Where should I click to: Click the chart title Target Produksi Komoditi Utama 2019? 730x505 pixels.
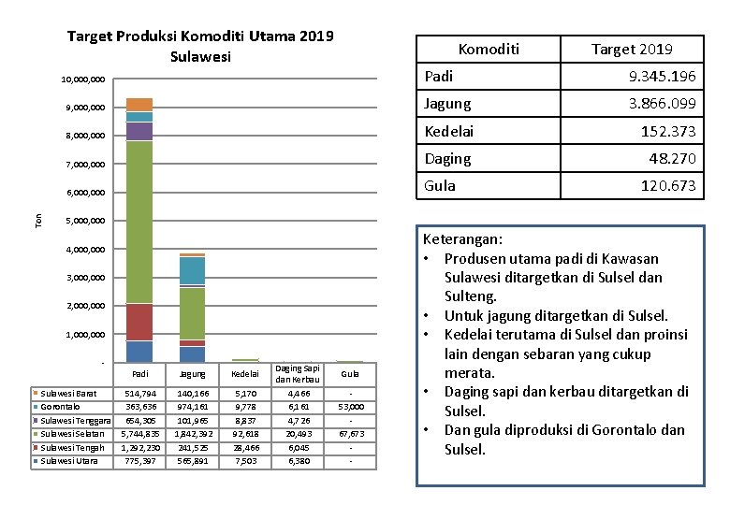(200, 37)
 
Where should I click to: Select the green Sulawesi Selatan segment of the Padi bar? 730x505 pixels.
(139, 223)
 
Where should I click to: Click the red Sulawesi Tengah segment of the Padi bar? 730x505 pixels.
(139, 323)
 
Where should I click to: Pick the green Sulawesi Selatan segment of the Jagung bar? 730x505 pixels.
(192, 313)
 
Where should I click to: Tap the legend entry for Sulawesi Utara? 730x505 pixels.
(68, 460)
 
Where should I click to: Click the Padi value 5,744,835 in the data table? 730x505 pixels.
(139, 434)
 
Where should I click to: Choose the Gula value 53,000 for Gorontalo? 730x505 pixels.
(350, 407)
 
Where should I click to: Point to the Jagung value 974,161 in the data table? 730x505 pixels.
(192, 407)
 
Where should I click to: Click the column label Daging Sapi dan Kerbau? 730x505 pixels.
(298, 375)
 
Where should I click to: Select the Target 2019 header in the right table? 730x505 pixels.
(632, 49)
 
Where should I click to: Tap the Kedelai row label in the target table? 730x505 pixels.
(448, 131)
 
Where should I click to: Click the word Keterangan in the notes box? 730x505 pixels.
(462, 239)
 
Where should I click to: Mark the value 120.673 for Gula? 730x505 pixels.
(667, 186)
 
